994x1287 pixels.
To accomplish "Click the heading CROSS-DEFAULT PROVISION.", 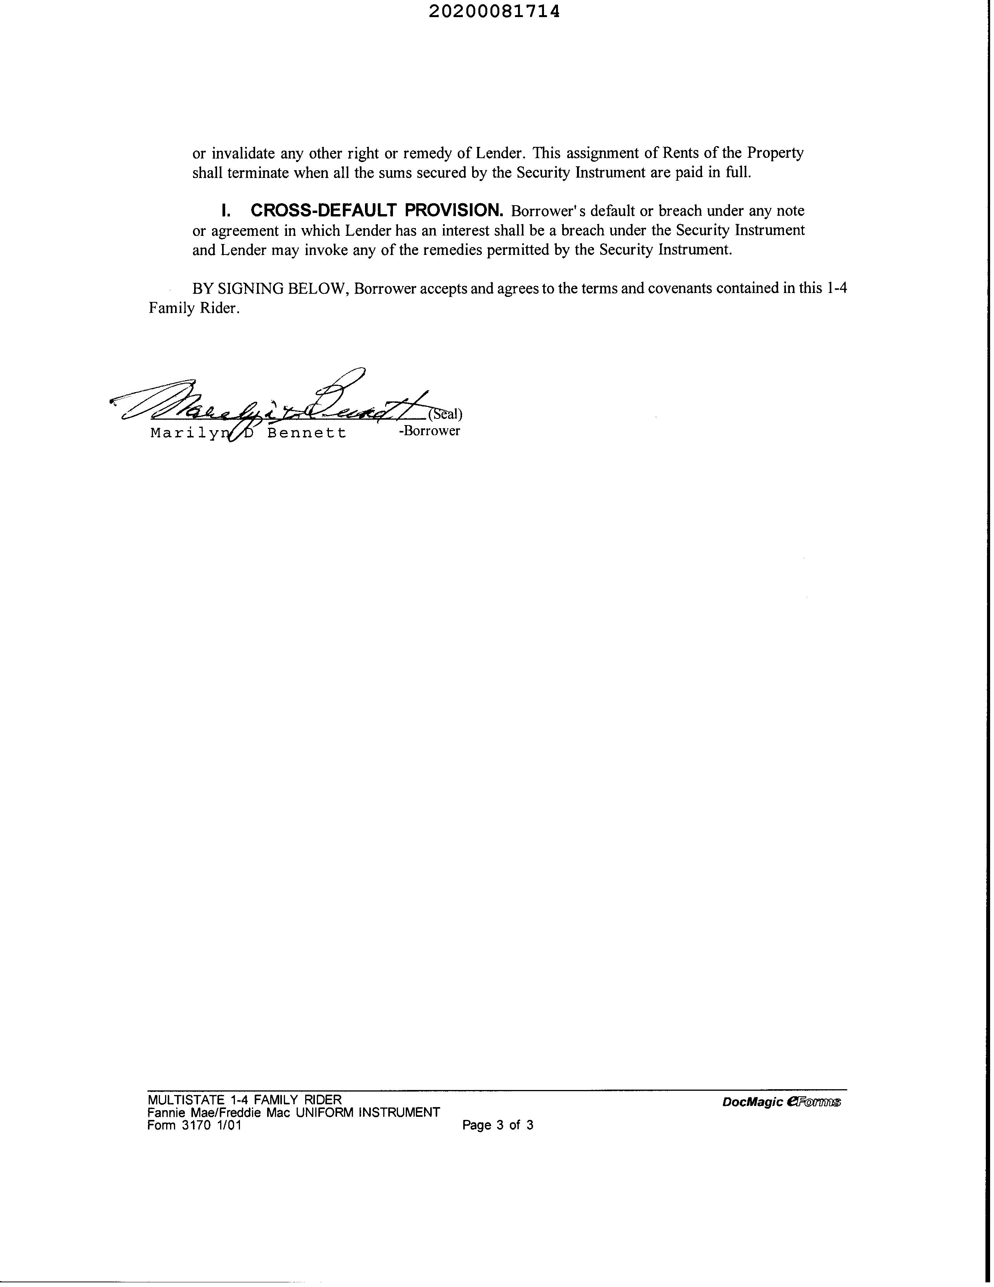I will pyautogui.click(x=377, y=210).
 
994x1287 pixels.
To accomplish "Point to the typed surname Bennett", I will pyautogui.click(x=307, y=433).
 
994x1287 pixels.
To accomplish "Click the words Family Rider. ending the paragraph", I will pyautogui.click(x=194, y=308).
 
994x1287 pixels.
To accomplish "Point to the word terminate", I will pyautogui.click(x=258, y=173).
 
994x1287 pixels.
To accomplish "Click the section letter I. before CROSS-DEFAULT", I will pyautogui.click(x=225, y=210).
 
